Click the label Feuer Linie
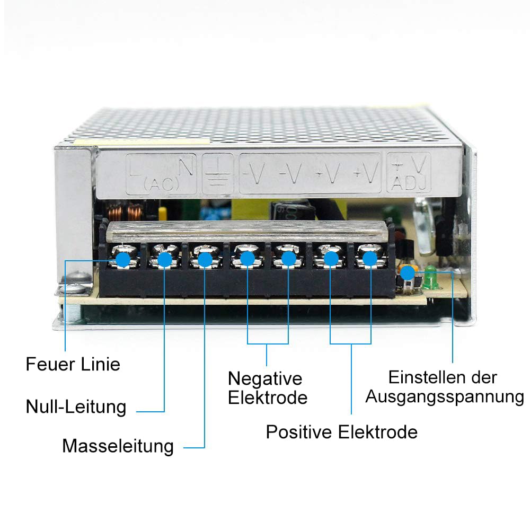pos(73,365)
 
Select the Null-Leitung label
pos(76,407)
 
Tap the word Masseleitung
pos(118,446)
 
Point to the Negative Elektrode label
pos(267,388)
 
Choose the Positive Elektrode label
pos(341,432)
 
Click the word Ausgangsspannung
pos(445,397)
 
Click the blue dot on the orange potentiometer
pos(408,273)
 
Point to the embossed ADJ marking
pos(409,184)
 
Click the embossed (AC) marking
pos(161,184)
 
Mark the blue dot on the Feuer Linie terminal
pos(123,260)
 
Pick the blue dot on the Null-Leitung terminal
pos(165,260)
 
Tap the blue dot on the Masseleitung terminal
pos(205,260)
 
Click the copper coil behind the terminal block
pos(125,211)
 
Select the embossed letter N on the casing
pos(186,166)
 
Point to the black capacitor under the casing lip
pos(293,209)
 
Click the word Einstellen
pos(424,377)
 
